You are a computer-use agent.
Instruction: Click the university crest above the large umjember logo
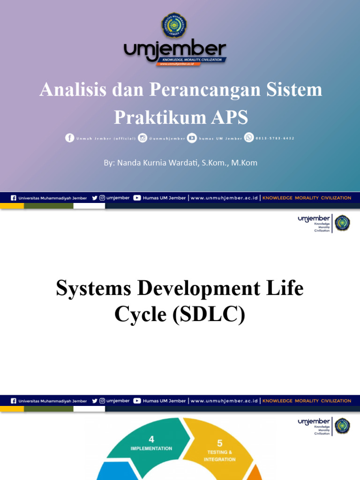click(174, 26)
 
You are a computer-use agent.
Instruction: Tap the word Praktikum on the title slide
click(152, 117)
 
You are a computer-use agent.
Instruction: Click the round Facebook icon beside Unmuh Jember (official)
click(70, 138)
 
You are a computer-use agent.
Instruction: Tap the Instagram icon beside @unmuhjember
click(142, 138)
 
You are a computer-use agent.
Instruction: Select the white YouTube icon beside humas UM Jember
click(192, 138)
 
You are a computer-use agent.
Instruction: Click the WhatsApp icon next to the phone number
click(249, 138)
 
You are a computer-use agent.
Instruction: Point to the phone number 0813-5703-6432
click(275, 138)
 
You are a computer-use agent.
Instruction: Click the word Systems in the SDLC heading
click(93, 288)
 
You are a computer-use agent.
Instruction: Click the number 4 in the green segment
click(151, 439)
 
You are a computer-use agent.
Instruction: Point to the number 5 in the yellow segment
click(220, 443)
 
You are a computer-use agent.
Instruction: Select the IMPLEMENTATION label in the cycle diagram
click(151, 449)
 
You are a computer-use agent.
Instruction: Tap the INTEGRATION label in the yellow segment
click(220, 459)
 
